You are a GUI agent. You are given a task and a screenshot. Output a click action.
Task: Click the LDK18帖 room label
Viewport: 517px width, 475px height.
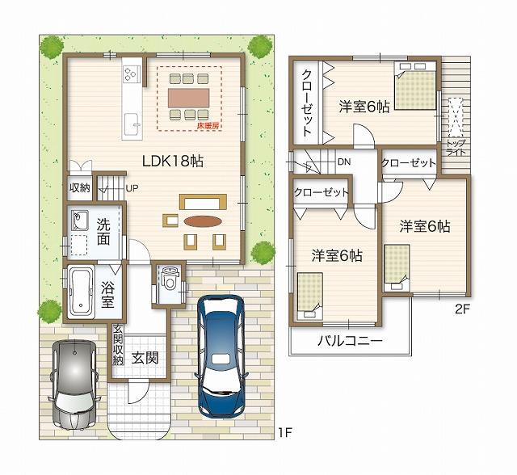point(172,161)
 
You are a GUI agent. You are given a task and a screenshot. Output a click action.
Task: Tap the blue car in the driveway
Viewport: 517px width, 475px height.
point(221,351)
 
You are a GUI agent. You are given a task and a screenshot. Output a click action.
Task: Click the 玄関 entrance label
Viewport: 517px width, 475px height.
point(145,357)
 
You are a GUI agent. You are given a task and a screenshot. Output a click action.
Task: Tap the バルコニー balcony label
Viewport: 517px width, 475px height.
point(349,340)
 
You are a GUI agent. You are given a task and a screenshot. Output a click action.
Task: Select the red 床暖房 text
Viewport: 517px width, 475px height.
point(208,126)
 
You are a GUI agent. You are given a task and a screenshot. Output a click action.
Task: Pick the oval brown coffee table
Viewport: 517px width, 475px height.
point(200,221)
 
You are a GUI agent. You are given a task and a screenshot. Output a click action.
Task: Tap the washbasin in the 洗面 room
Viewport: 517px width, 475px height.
point(79,220)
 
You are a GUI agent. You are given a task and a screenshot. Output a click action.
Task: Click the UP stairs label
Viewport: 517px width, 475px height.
point(132,189)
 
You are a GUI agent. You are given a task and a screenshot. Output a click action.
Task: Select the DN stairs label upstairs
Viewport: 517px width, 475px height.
point(344,162)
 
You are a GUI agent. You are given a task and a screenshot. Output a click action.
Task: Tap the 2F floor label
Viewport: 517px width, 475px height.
point(461,308)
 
